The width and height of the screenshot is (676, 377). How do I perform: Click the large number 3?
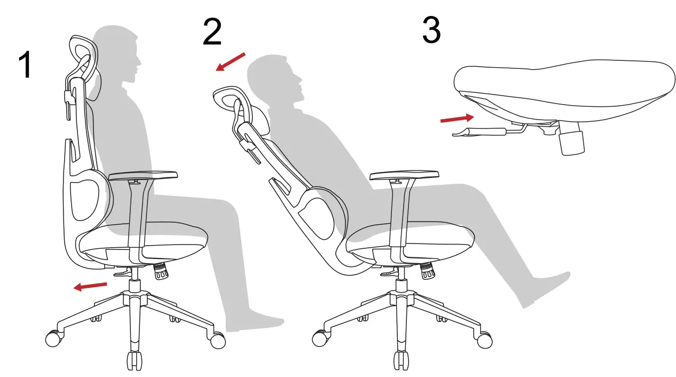click(431, 30)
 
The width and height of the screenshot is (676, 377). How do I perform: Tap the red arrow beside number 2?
click(230, 61)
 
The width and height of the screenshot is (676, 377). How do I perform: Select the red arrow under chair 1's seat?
click(90, 287)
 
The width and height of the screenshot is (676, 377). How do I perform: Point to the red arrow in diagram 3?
click(457, 118)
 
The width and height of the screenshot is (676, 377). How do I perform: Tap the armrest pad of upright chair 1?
click(143, 175)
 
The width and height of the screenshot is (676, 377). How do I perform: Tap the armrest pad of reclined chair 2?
click(404, 176)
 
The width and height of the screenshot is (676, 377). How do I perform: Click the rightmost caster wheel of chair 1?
click(218, 340)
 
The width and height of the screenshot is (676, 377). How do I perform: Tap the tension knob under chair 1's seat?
click(161, 272)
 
